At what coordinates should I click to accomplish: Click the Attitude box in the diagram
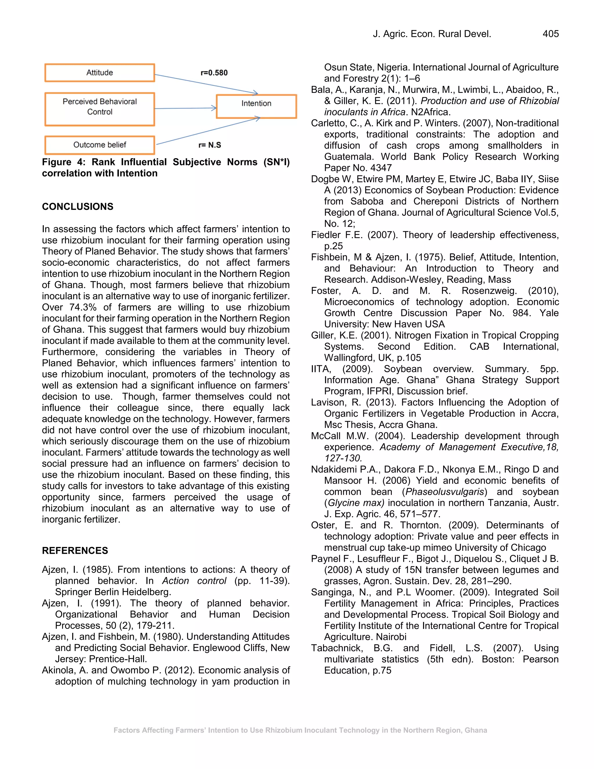tap(99, 73)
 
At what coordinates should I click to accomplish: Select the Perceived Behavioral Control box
tap(99, 109)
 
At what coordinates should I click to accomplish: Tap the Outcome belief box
tap(99, 145)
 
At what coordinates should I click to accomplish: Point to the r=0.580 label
tap(214, 73)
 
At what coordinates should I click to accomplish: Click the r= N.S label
tap(210, 145)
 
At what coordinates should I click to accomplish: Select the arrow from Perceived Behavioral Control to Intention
tap(185, 108)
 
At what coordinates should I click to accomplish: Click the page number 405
tap(550, 34)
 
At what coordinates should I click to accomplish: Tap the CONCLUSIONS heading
tap(77, 207)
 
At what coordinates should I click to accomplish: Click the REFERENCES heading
tap(75, 551)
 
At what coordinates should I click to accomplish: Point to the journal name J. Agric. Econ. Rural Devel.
tap(432, 34)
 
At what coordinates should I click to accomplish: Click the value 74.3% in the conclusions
tap(83, 307)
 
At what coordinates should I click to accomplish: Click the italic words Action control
tap(194, 581)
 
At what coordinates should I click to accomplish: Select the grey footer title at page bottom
tap(300, 730)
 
